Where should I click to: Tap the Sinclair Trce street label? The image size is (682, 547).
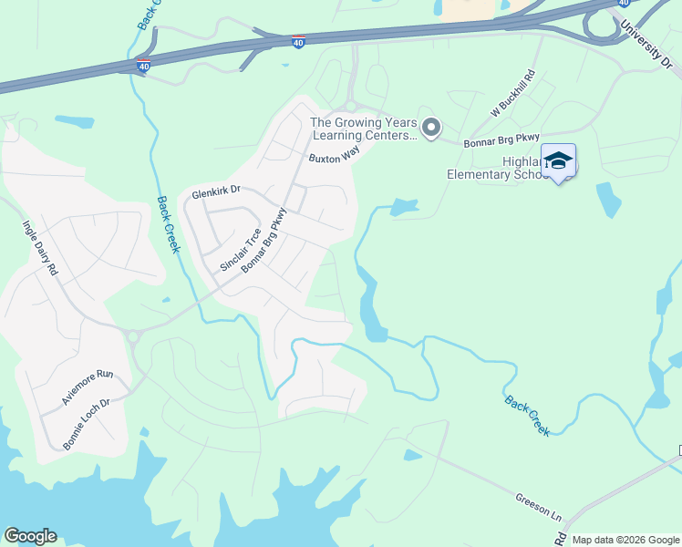click(241, 250)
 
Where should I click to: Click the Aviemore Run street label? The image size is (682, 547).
click(88, 387)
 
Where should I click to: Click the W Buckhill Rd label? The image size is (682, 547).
click(511, 94)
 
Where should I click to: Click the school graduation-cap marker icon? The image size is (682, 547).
click(558, 161)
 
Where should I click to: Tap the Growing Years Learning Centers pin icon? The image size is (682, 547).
click(431, 129)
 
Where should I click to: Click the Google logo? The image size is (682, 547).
click(30, 536)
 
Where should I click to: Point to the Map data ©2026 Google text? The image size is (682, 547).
click(625, 540)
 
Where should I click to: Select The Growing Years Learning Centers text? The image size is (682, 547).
click(364, 129)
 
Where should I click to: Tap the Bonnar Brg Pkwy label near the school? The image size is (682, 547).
click(501, 138)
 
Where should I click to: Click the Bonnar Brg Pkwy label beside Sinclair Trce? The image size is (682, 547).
click(264, 242)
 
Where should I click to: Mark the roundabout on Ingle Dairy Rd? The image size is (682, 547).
click(134, 336)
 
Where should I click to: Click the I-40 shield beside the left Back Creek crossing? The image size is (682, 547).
click(143, 66)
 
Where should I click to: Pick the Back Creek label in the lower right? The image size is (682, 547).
click(527, 416)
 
